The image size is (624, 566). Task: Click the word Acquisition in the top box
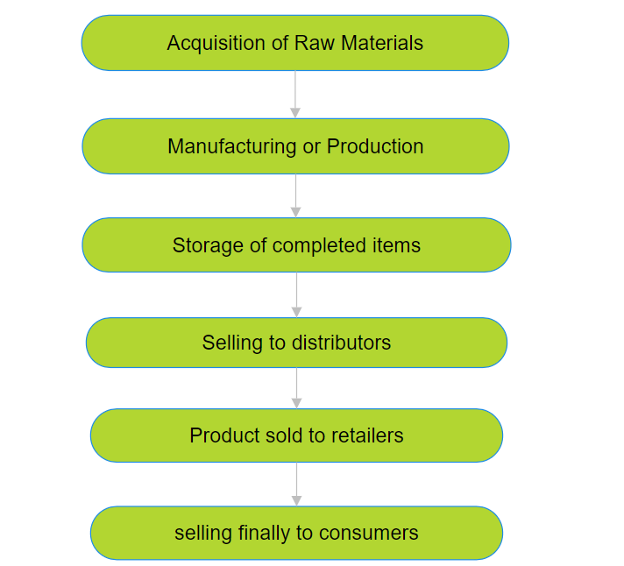(216, 43)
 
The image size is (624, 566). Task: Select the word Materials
(382, 43)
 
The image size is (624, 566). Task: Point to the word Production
(375, 146)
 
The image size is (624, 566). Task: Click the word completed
(319, 246)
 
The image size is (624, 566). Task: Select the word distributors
(341, 343)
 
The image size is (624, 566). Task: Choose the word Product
(223, 435)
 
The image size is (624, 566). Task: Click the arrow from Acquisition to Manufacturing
(295, 95)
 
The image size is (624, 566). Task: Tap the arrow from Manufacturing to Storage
(295, 195)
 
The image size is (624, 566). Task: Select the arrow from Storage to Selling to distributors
(296, 294)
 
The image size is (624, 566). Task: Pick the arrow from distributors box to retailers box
(296, 388)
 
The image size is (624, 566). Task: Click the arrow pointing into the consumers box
(296, 484)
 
